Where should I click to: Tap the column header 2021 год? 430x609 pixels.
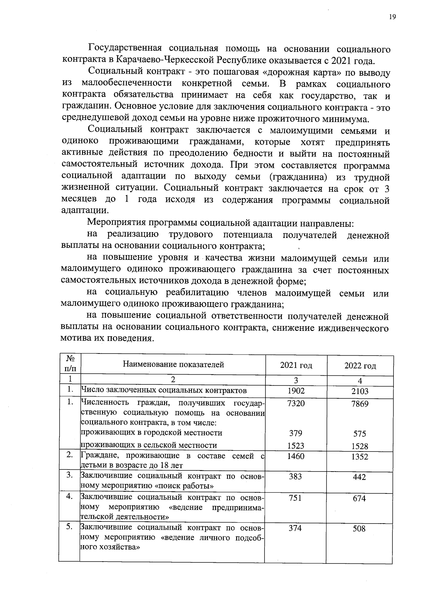tap(296, 365)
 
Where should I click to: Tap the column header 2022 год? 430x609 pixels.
tap(360, 366)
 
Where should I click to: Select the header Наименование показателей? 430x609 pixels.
tap(173, 365)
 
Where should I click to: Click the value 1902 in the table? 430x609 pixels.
tap(296, 391)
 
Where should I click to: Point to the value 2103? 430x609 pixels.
tap(360, 392)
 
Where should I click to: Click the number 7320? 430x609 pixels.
tap(296, 403)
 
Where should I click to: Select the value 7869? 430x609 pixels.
tap(360, 404)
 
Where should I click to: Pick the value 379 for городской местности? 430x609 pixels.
tap(296, 433)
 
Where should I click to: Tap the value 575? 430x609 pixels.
tap(359, 434)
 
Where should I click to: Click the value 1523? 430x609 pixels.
tap(296, 446)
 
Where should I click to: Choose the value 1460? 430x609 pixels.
tap(296, 456)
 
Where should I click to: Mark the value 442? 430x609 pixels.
tap(359, 477)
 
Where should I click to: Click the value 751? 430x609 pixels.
tap(295, 498)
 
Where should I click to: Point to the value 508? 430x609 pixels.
tap(359, 529)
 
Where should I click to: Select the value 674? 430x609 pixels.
tap(359, 498)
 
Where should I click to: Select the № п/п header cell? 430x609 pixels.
tap(70, 363)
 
